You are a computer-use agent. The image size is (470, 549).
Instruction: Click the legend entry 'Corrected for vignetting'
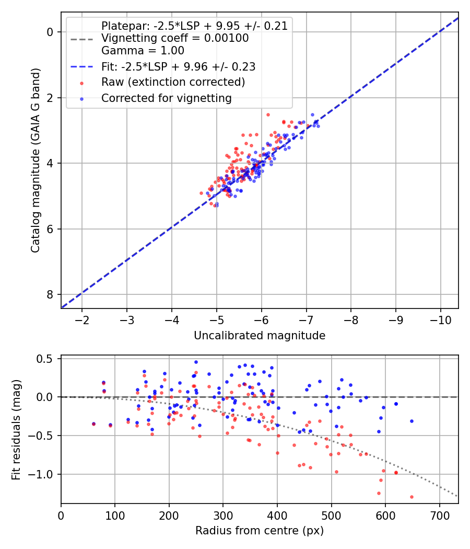[166, 98]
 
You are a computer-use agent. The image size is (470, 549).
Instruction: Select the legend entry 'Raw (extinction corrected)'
[173, 82]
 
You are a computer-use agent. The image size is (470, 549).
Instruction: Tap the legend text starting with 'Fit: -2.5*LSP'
[178, 67]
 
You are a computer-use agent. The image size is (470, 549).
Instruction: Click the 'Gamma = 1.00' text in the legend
[143, 51]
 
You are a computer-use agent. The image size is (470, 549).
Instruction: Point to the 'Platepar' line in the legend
[194, 26]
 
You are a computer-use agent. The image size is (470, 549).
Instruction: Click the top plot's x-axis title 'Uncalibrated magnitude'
[260, 336]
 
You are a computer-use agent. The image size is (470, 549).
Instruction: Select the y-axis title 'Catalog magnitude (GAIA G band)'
[36, 160]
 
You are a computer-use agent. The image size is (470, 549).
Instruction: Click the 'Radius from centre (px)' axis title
[260, 531]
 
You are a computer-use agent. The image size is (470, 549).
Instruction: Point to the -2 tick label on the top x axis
[82, 319]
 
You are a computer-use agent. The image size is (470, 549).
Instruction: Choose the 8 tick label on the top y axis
[51, 295]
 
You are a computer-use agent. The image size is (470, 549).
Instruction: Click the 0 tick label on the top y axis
[51, 32]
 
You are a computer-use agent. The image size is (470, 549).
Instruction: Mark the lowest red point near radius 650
[412, 497]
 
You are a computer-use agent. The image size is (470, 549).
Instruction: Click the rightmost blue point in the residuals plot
[412, 421]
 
